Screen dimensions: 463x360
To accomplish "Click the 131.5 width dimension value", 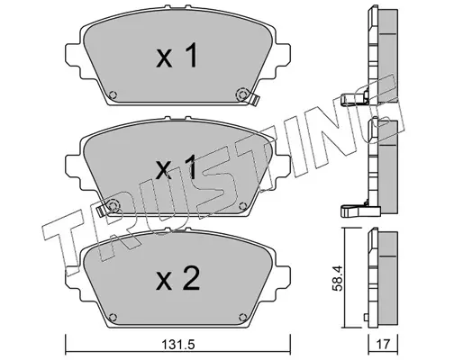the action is pyautogui.click(x=178, y=345).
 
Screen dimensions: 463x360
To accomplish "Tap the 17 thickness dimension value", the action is pyautogui.click(x=383, y=344).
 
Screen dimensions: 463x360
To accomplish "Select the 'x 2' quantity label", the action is pyautogui.click(x=177, y=280).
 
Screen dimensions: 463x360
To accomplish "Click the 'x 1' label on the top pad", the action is pyautogui.click(x=177, y=55).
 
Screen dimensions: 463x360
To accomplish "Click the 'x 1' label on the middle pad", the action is pyautogui.click(x=177, y=167).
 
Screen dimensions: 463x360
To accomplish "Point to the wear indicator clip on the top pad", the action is pyautogui.click(x=254, y=99).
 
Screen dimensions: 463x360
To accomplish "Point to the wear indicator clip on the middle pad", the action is pyautogui.click(x=102, y=211).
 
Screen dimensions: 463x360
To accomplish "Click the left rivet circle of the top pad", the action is pyautogui.click(x=113, y=94).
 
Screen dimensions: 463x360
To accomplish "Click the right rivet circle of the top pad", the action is pyautogui.click(x=242, y=94).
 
